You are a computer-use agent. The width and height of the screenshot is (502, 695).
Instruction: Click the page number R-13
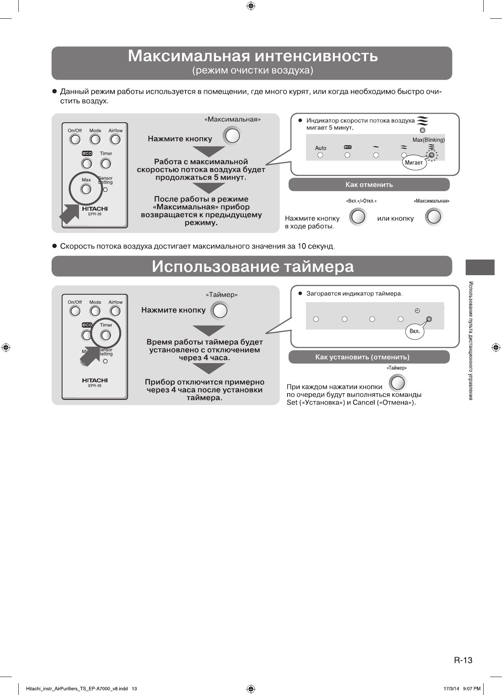463,660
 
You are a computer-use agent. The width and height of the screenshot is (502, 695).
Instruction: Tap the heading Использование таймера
252,267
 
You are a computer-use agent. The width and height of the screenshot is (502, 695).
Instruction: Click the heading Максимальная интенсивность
252,56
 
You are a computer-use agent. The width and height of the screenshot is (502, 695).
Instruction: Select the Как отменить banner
369,184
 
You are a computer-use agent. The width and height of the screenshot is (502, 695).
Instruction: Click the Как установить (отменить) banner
369,357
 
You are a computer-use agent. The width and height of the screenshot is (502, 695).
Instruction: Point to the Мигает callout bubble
414,163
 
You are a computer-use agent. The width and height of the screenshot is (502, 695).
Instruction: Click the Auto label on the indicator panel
320,148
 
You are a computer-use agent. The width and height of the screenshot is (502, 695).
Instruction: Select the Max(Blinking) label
429,140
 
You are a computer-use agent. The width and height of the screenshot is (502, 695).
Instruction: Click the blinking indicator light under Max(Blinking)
431,155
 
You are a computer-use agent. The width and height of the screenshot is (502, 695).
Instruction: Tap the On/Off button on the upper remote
75,140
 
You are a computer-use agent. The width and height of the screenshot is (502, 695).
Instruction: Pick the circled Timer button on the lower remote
106,335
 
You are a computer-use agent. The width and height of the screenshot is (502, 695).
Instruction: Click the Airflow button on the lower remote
115,311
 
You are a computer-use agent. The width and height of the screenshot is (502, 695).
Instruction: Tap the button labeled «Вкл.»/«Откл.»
358,217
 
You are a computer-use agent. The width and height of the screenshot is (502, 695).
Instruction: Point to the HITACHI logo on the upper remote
95,209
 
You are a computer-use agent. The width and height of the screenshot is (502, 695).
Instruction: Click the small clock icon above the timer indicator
417,311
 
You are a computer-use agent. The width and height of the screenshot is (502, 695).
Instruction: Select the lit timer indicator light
429,319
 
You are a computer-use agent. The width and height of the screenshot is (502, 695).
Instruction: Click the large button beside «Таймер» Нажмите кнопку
220,311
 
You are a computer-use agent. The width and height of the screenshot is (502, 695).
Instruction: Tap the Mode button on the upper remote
95,140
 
